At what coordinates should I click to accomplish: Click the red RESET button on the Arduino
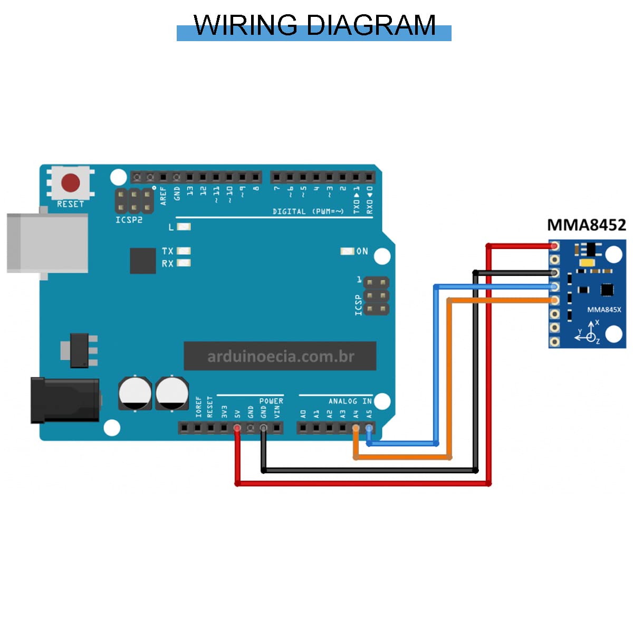[71, 183]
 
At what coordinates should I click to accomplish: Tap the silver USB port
[47, 243]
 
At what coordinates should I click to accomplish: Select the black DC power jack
[64, 400]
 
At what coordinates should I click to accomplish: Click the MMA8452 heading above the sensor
[586, 225]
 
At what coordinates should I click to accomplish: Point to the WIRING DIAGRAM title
[314, 26]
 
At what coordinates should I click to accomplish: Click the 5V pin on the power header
[237, 428]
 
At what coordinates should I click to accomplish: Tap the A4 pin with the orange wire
[356, 428]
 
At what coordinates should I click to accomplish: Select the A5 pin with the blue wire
[369, 428]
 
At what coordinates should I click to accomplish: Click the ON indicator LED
[347, 251]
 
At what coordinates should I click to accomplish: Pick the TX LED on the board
[184, 251]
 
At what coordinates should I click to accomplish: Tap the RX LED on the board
[184, 263]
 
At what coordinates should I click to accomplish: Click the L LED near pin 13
[184, 227]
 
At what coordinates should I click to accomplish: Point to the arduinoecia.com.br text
[280, 357]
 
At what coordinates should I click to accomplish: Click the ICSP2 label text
[129, 219]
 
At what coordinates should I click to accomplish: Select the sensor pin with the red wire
[554, 246]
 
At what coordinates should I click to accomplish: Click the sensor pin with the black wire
[554, 273]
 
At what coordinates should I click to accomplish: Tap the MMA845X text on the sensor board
[604, 310]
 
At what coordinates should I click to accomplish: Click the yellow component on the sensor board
[587, 263]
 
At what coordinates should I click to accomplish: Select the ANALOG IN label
[350, 401]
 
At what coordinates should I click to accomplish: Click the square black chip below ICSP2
[142, 261]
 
